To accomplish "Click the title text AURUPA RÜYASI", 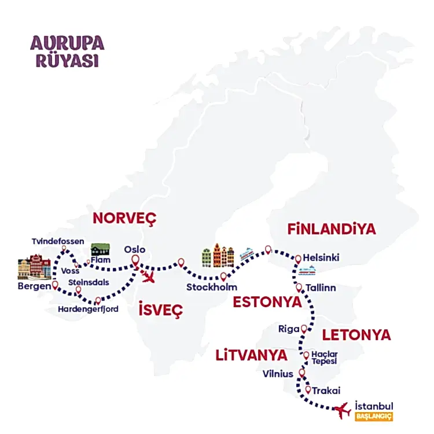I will (67, 52).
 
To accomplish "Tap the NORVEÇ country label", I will (125, 219).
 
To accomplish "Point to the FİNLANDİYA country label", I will (332, 229).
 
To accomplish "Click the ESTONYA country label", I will (267, 302).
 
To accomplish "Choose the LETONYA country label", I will (356, 334).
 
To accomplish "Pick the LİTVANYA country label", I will (251, 354).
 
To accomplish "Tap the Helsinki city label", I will (325, 258).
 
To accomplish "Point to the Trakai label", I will (326, 391).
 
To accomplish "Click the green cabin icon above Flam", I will (100, 249).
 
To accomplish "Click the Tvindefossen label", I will (58, 241).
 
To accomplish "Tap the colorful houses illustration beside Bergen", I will (34, 267).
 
